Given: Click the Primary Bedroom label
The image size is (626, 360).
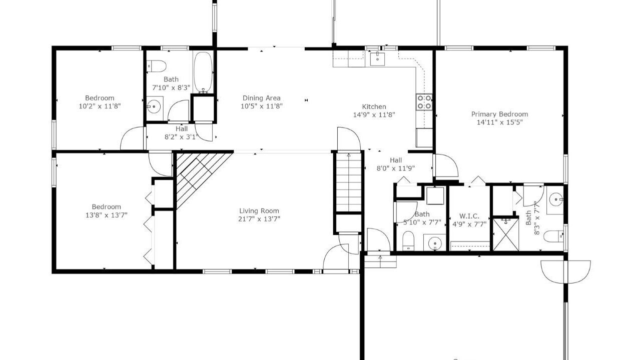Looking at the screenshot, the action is [x=499, y=114].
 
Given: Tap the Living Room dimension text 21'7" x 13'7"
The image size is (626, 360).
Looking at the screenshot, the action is [x=259, y=219].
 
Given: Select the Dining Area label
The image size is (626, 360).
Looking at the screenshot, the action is [x=261, y=98].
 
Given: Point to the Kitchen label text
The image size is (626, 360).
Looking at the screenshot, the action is [x=374, y=106].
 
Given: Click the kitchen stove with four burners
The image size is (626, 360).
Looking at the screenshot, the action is [x=424, y=102].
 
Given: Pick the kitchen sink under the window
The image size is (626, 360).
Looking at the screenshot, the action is [x=377, y=58].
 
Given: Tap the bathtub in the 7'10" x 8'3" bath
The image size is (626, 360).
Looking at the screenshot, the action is [x=203, y=72].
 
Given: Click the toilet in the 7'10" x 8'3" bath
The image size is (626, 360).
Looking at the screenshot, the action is [x=157, y=66].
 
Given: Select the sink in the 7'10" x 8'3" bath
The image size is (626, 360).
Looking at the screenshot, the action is [x=154, y=106].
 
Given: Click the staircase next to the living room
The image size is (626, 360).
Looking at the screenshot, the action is [x=348, y=182].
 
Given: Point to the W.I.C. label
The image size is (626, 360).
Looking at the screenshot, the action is [x=469, y=216].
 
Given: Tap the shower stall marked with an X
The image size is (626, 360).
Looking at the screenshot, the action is [x=506, y=234].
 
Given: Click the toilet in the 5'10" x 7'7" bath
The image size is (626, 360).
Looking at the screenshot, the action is [x=408, y=240].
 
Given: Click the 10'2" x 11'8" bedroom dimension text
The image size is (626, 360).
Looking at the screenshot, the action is [x=100, y=106].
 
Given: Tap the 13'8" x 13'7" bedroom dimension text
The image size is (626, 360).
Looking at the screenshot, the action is [x=107, y=215].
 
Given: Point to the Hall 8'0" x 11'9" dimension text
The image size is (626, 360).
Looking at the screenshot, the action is [x=395, y=168].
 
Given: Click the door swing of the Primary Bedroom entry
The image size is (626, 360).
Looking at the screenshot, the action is [x=446, y=165].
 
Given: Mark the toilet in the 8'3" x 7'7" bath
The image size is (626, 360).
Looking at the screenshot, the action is [x=553, y=236].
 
